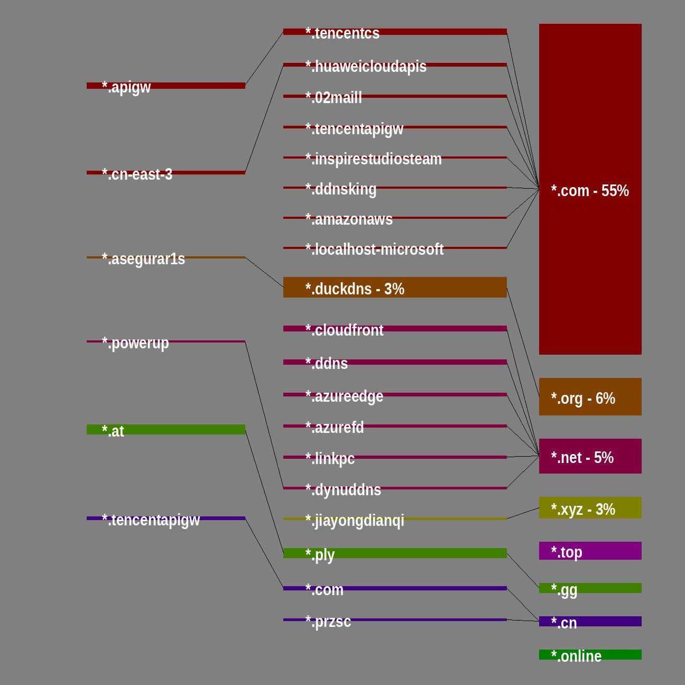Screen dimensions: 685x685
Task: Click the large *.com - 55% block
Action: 590,189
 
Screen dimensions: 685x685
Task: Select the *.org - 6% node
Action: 590,397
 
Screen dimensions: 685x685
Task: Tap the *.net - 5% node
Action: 590,456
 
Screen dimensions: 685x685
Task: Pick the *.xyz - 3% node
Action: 590,508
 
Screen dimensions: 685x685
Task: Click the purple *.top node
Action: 590,551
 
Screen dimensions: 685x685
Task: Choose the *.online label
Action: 576,656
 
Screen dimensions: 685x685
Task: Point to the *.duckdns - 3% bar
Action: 395,288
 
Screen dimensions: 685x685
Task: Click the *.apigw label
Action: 126,87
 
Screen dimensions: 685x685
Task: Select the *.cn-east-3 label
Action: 137,174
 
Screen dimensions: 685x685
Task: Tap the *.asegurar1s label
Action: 143,259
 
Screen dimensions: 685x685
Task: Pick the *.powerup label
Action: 135,343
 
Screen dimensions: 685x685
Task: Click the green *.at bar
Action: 166,430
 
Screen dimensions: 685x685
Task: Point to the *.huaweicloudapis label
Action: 366,67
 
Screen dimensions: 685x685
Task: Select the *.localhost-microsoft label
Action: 374,249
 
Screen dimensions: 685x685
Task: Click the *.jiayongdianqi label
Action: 355,521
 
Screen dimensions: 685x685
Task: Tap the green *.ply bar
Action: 395,553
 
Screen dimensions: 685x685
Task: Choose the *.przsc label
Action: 328,622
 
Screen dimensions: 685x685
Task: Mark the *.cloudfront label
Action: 344,330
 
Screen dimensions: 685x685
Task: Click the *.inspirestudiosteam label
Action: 373,159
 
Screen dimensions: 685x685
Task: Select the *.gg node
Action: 590,588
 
